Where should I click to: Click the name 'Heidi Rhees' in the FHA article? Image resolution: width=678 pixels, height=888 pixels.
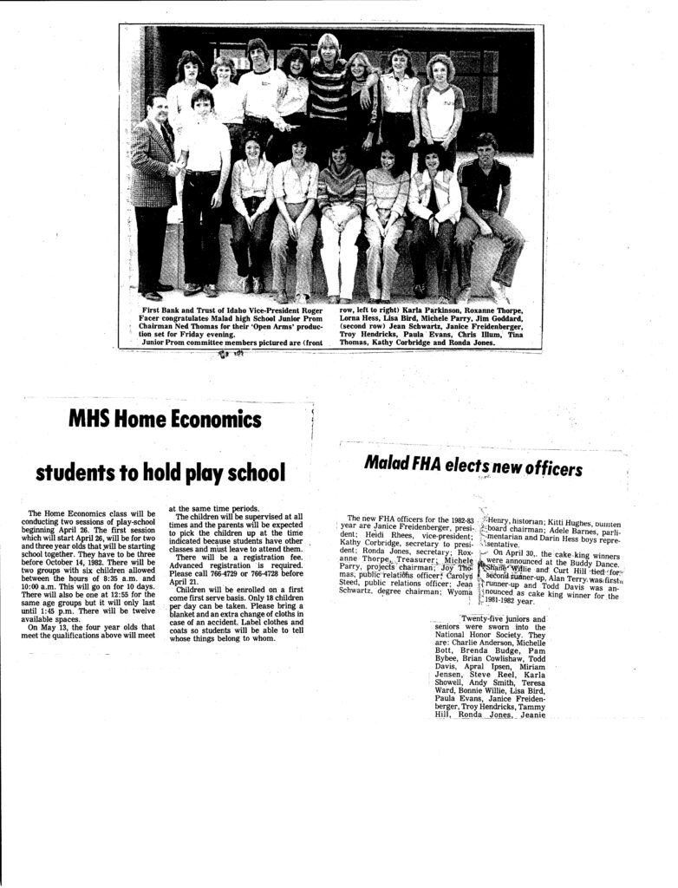click(372, 535)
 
